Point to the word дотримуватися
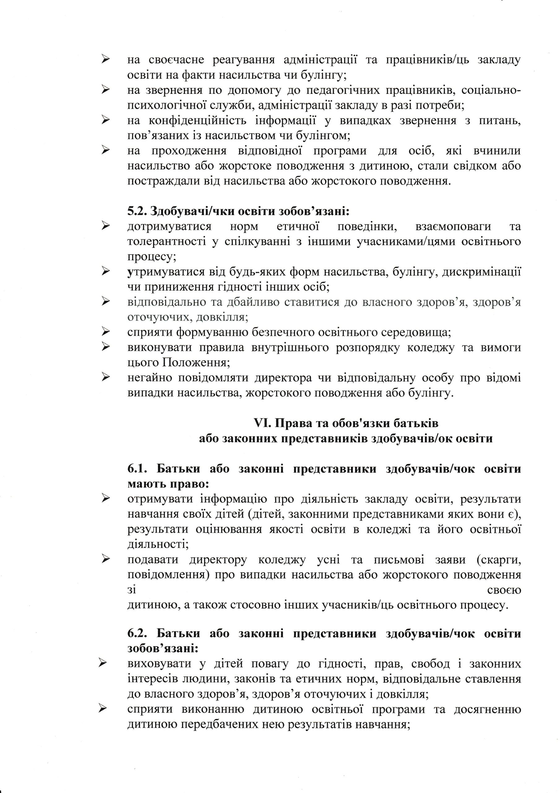point(169,226)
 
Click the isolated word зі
point(131,589)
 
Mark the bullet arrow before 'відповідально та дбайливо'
point(105,302)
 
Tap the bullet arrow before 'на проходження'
point(105,151)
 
